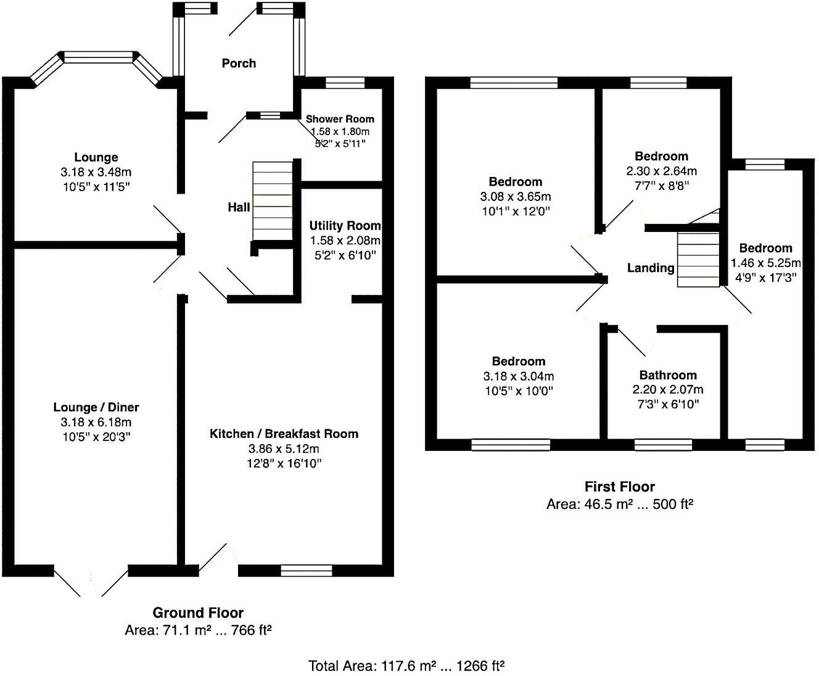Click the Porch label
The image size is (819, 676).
[x=239, y=63]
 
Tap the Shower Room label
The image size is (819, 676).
[x=340, y=119]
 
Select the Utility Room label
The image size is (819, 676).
[x=345, y=226]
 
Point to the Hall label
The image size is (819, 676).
[x=239, y=207]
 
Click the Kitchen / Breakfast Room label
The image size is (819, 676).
[x=284, y=434]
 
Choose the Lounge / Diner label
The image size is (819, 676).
[x=96, y=407]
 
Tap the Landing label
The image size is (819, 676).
[x=651, y=268]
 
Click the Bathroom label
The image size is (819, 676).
[x=668, y=375]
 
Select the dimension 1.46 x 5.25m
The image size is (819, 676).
[x=765, y=263]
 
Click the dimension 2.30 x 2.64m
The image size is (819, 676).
[x=662, y=171]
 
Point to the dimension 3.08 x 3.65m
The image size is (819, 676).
[x=516, y=196]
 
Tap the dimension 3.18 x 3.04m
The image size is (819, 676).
[x=519, y=376]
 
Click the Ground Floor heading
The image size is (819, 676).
[x=198, y=612]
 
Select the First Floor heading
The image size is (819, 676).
[x=620, y=487]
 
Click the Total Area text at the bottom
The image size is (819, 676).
[x=407, y=666]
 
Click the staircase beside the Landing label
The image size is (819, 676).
[x=699, y=259]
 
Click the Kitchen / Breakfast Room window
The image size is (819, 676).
[x=306, y=571]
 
